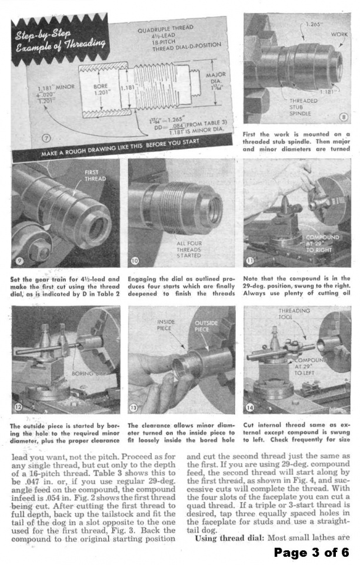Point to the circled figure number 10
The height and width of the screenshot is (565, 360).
135,260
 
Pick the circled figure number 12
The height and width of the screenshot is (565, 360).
19,407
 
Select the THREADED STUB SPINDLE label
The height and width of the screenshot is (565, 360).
304,107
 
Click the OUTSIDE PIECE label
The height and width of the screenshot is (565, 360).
206,326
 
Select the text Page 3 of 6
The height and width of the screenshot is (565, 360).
311,553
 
